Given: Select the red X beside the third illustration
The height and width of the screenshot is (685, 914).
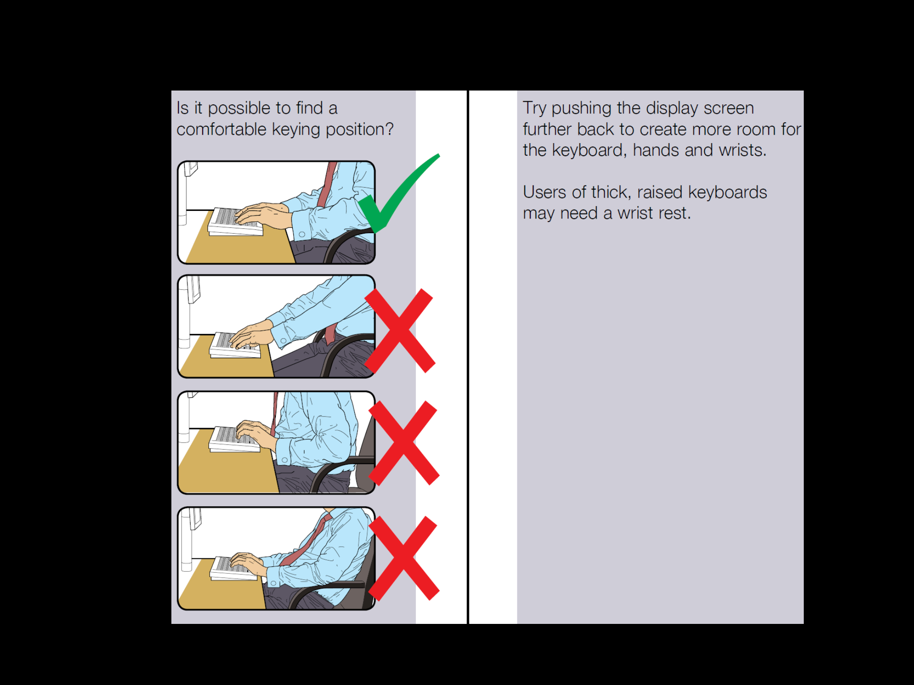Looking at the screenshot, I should (403, 442).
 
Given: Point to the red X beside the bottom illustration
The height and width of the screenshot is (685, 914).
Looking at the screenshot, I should (403, 558).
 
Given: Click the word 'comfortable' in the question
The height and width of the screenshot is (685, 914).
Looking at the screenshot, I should (221, 130).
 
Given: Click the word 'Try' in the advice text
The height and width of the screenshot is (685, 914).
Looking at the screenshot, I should (534, 108).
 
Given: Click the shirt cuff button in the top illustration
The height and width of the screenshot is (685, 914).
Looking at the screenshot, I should (302, 234).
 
